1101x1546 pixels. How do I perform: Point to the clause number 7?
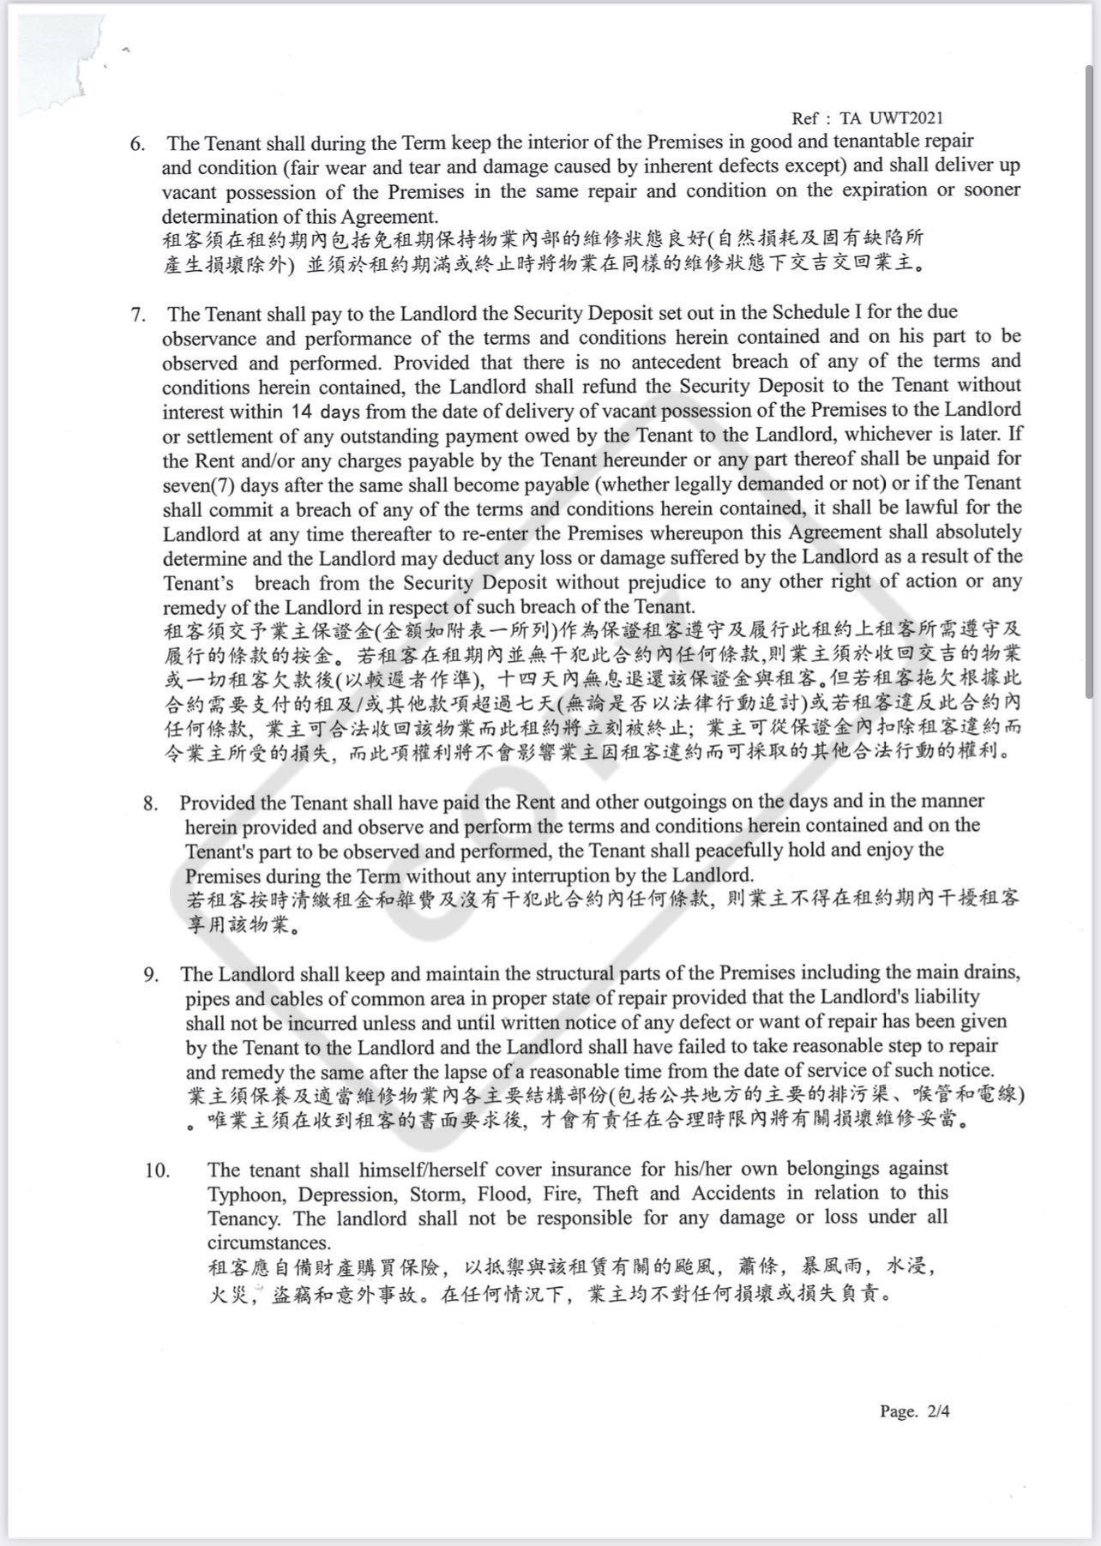point(137,314)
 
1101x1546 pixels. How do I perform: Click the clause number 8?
point(151,803)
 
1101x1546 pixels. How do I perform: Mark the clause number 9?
point(151,975)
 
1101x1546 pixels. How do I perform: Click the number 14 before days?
point(303,411)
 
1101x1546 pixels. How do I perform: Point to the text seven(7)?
point(197,484)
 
